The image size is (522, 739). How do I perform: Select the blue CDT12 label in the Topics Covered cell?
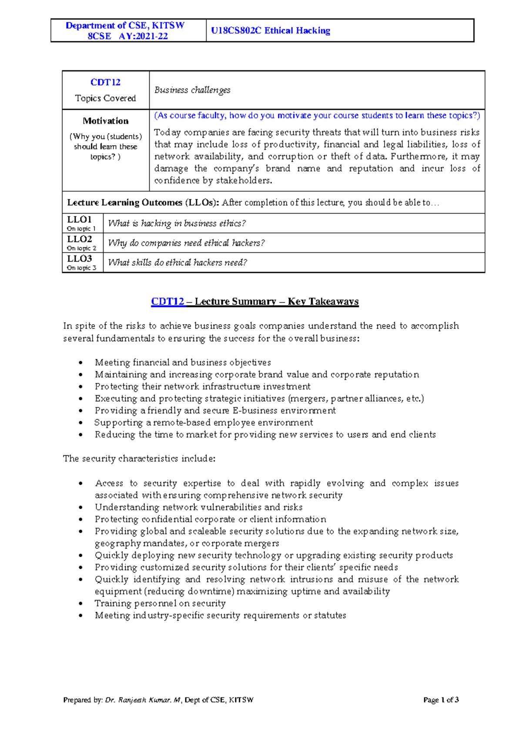105,82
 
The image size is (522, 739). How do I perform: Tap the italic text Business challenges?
192,90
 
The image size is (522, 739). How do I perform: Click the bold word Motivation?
106,121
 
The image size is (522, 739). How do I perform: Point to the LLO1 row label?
79,219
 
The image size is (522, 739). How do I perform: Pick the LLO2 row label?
79,239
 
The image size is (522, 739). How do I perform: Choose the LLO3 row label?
79,259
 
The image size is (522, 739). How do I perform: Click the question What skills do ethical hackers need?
177,262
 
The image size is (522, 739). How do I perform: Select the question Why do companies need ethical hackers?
186,243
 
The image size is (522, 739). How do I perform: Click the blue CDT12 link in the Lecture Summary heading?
168,302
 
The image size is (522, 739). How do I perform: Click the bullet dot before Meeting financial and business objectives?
80,363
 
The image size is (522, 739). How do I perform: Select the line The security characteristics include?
139,458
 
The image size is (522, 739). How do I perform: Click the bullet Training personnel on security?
160,603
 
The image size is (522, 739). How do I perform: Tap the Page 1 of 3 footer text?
441,700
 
